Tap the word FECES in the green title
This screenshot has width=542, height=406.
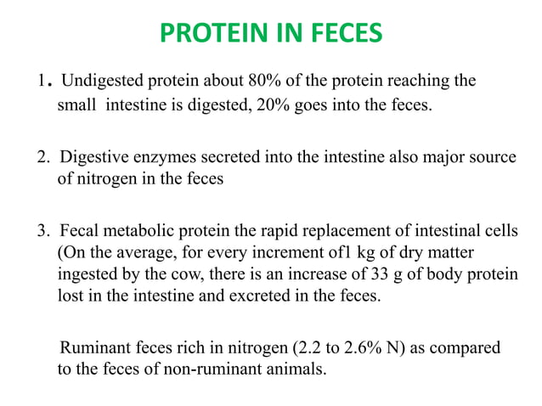pos(336,35)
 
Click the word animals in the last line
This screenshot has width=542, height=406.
pos(296,370)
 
